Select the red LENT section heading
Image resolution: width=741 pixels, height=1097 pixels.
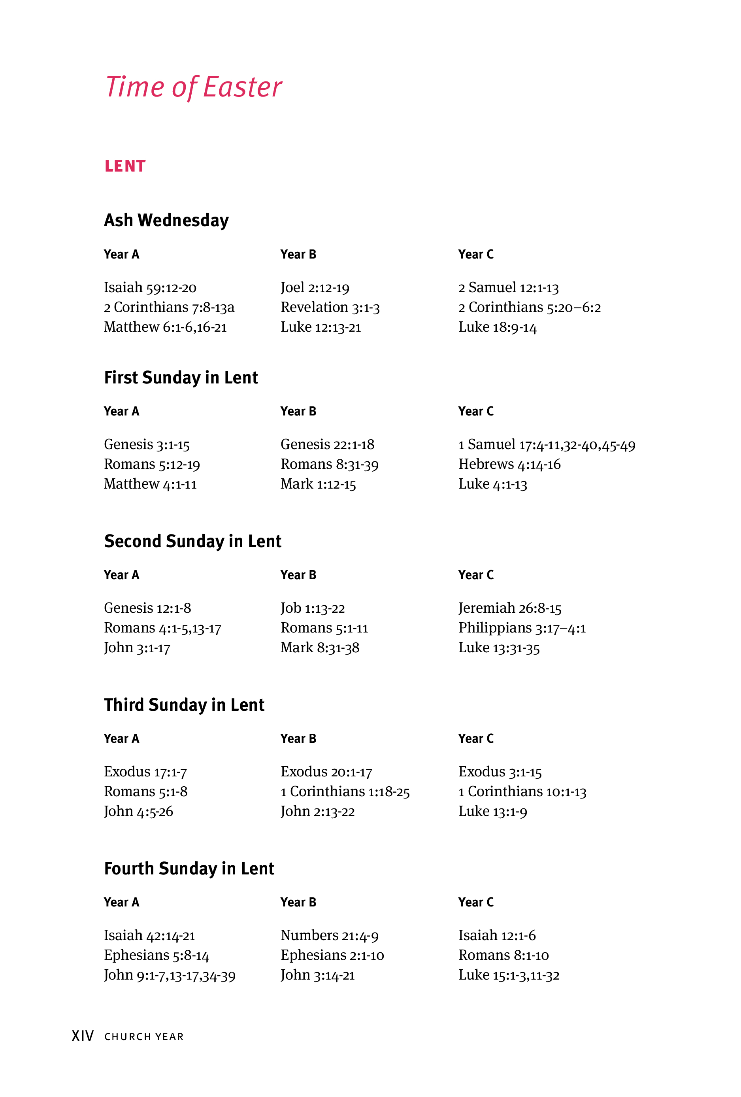tap(125, 166)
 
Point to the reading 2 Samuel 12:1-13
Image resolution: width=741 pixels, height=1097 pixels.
tap(508, 287)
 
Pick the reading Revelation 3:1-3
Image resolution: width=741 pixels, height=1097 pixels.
tap(330, 307)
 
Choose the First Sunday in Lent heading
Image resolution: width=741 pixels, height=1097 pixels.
tap(181, 378)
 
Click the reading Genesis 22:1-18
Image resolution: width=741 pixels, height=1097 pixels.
tap(327, 444)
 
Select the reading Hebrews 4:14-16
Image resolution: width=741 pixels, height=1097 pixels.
tap(509, 464)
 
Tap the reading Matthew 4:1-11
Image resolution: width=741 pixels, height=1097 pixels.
tap(150, 484)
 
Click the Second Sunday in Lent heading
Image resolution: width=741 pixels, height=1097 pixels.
tap(192, 541)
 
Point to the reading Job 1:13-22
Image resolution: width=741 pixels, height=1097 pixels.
tap(313, 608)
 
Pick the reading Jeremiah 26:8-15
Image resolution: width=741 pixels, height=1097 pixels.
tap(509, 608)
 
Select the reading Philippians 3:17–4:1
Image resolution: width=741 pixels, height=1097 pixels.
tap(522, 628)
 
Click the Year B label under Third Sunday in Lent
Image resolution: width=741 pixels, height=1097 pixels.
tap(298, 738)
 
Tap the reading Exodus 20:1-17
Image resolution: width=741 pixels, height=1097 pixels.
tap(326, 772)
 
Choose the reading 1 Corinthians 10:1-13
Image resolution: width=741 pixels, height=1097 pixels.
tap(522, 791)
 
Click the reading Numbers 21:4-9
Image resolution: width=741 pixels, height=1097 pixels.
tap(329, 935)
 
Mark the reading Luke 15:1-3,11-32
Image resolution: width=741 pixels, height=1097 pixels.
tap(508, 975)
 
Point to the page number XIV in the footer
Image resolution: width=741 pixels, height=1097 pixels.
tap(83, 1036)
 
